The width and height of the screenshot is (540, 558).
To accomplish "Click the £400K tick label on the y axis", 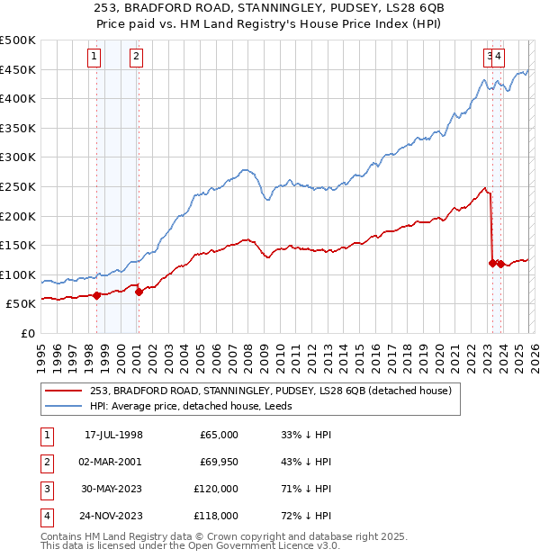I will click(x=18, y=99).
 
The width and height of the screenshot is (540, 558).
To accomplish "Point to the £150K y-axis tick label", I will click(x=18, y=245).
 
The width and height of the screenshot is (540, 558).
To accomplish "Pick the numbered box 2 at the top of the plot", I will click(x=136, y=57).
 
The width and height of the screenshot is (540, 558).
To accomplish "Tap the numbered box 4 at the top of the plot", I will click(x=499, y=57).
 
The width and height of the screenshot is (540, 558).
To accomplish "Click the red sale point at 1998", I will click(x=96, y=294).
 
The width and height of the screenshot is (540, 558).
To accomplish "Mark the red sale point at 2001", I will click(x=139, y=292).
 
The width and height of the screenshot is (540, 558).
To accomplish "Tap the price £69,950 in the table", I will click(x=219, y=462).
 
